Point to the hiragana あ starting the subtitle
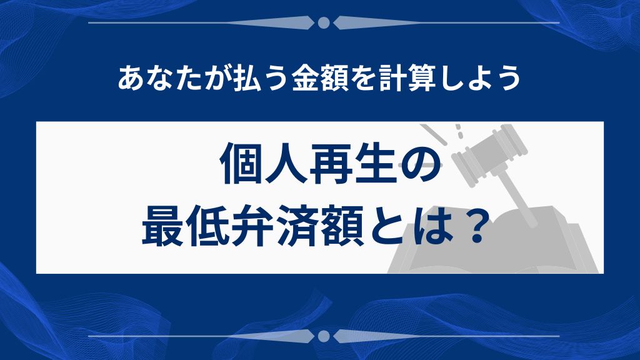point(129,79)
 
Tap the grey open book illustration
point(494,250)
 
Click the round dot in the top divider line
point(323,23)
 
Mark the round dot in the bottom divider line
point(323,336)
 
